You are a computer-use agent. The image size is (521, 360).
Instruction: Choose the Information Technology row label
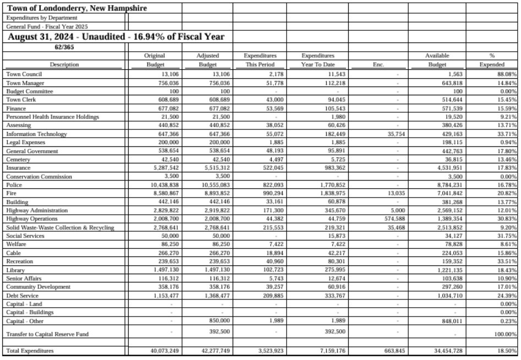point(36,134)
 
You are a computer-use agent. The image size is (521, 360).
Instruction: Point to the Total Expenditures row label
point(30,350)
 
